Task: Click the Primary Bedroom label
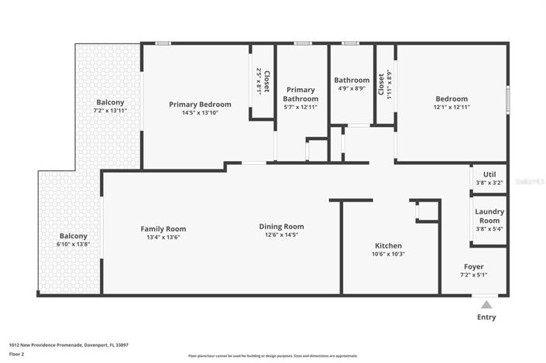(x=200, y=104)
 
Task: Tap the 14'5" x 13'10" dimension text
(x=200, y=113)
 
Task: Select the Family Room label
(x=163, y=228)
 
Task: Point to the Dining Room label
(x=281, y=227)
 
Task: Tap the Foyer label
(x=473, y=266)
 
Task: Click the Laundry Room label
(x=489, y=215)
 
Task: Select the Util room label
(x=489, y=175)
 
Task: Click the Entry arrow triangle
(x=486, y=304)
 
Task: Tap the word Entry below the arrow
(x=486, y=317)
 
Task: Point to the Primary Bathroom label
(x=300, y=94)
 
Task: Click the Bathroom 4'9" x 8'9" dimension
(x=352, y=89)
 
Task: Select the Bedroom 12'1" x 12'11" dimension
(x=451, y=108)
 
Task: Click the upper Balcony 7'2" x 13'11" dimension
(x=110, y=111)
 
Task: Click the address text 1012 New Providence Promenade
(x=68, y=344)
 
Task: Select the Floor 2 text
(x=17, y=354)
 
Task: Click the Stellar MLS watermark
(x=530, y=180)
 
